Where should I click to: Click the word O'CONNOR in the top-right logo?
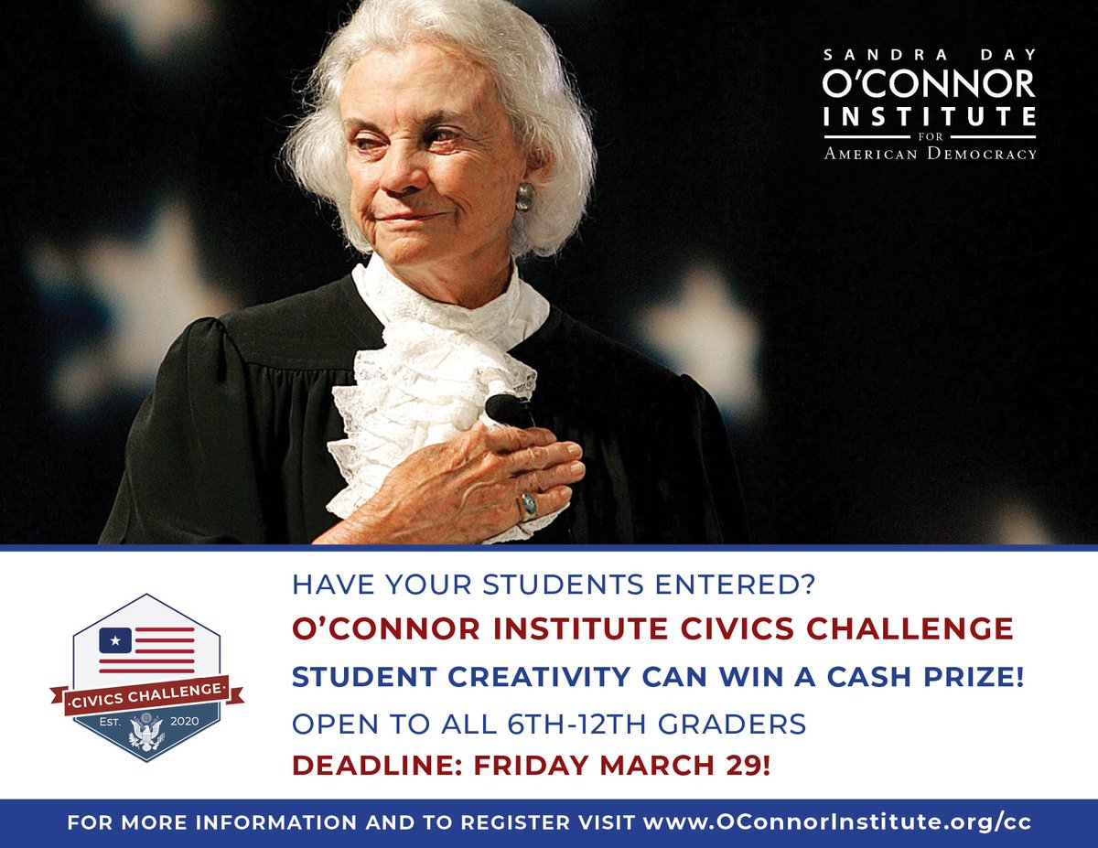pyautogui.click(x=929, y=83)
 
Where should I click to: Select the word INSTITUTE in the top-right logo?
pyautogui.click(x=929, y=117)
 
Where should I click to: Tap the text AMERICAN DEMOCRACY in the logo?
pyautogui.click(x=929, y=154)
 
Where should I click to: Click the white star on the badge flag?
pyautogui.click(x=115, y=638)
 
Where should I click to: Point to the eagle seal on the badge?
pyautogui.click(x=146, y=733)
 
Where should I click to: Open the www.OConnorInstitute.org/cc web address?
pyautogui.click(x=837, y=822)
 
